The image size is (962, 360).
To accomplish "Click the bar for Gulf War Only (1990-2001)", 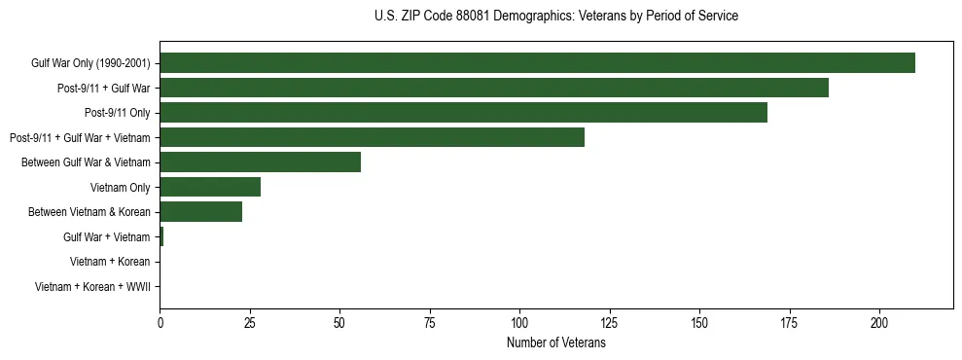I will pyautogui.click(x=537, y=63).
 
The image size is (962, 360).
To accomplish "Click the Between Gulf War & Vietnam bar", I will pyautogui.click(x=260, y=162).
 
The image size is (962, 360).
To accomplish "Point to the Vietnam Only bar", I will pyautogui.click(x=210, y=187).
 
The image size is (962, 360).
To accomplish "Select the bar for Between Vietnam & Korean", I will pyautogui.click(x=200, y=212).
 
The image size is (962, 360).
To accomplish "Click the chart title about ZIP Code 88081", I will pyautogui.click(x=555, y=17).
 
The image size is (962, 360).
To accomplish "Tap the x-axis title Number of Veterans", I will pyautogui.click(x=555, y=344).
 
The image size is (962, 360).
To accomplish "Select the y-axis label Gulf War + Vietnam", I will pyautogui.click(x=107, y=237).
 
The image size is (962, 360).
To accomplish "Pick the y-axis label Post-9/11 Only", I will pyautogui.click(x=118, y=113).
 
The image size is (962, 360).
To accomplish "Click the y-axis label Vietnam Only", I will pyautogui.click(x=120, y=188).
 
